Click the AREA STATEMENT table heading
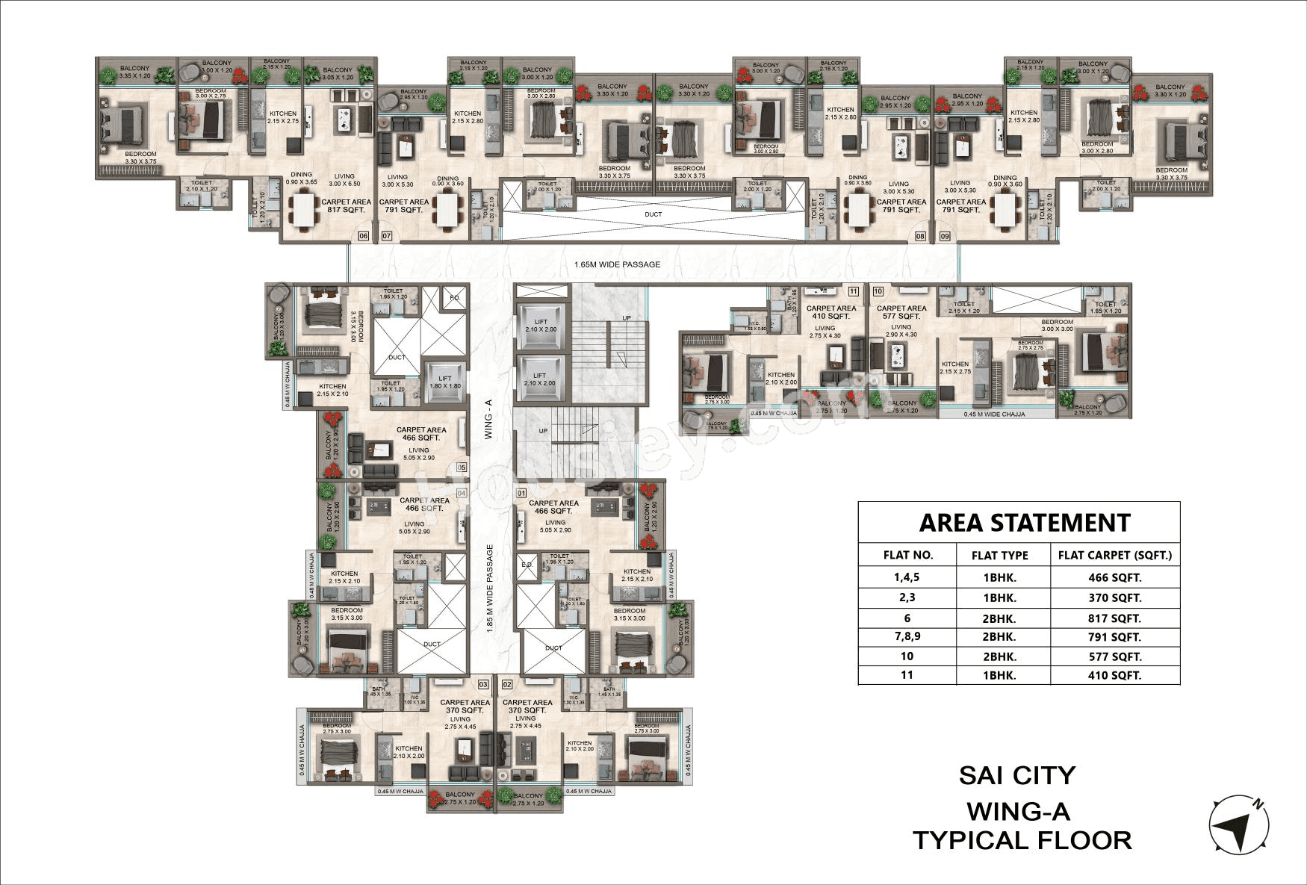(x=1025, y=523)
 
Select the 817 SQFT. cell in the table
(x=1115, y=618)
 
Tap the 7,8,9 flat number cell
(x=907, y=637)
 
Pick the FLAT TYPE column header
(x=999, y=555)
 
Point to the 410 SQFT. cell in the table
(x=1115, y=675)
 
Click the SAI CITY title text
(x=1017, y=775)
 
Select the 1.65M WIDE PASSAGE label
(x=617, y=264)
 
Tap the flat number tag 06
(x=364, y=237)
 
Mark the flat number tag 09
(x=945, y=237)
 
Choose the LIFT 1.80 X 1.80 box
(x=445, y=382)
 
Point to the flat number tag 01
(x=521, y=493)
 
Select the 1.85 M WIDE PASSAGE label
(x=489, y=590)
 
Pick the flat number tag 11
(x=853, y=291)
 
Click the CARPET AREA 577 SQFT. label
(x=901, y=311)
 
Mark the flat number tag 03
(x=483, y=684)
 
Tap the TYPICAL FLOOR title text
(x=1022, y=840)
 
